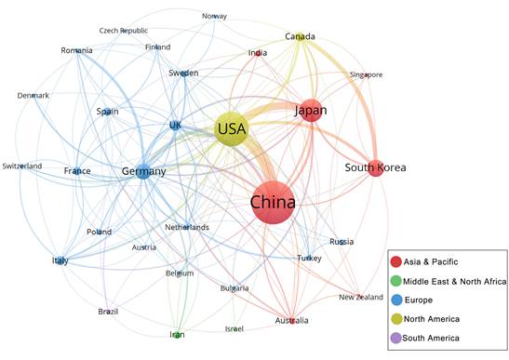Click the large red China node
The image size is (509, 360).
[274, 203]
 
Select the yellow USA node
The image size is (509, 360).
[232, 129]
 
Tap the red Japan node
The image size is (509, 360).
[312, 111]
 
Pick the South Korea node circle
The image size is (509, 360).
[376, 168]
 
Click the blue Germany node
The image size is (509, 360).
[144, 171]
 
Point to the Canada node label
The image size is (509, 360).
[300, 36]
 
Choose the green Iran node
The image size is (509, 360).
[177, 335]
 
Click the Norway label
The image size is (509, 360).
[214, 16]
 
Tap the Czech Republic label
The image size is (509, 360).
[124, 31]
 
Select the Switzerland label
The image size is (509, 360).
[22, 167]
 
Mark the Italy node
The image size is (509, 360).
[60, 260]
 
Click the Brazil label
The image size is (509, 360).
[108, 312]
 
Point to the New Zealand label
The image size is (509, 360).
[361, 297]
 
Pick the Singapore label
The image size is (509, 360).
[367, 74]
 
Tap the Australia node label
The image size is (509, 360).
[291, 321]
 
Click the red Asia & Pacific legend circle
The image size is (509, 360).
[396, 261]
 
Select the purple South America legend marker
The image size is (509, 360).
[396, 338]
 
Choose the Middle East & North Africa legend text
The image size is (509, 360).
[454, 282]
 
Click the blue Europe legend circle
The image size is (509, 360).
[396, 300]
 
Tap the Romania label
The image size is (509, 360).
[76, 50]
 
